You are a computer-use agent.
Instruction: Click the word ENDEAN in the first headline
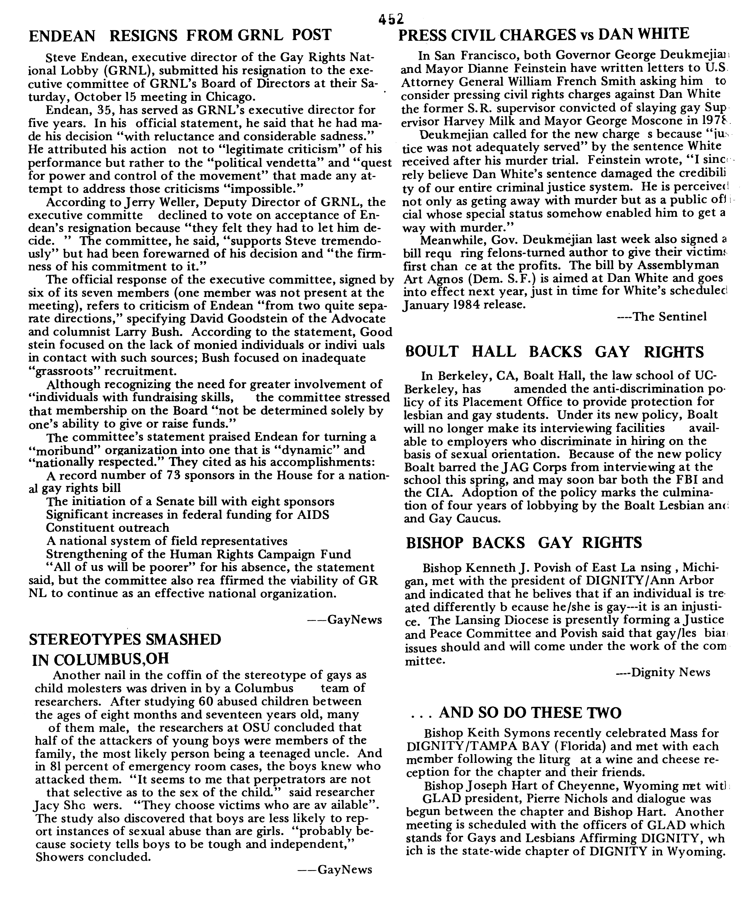(62, 36)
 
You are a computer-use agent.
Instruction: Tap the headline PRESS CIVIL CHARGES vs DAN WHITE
(543, 34)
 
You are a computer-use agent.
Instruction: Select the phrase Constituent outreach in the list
(108, 528)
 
